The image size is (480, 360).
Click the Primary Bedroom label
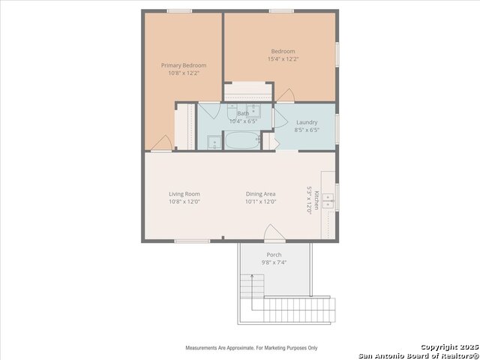point(184,65)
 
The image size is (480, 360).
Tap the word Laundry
point(307,122)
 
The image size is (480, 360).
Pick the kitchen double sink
point(328,199)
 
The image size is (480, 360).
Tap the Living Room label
point(184,193)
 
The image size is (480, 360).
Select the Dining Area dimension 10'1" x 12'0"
point(261,201)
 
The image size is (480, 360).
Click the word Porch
point(274,255)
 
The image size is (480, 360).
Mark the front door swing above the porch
point(274,234)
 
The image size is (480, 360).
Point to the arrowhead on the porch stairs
point(252,277)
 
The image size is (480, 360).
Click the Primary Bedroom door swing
point(160,143)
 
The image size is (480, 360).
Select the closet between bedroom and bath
point(248,92)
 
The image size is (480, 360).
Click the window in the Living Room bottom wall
point(192,241)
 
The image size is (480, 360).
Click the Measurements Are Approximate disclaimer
point(251,348)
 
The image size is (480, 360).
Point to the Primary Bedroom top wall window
point(179,10)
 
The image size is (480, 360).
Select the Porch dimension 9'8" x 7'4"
point(274,262)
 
